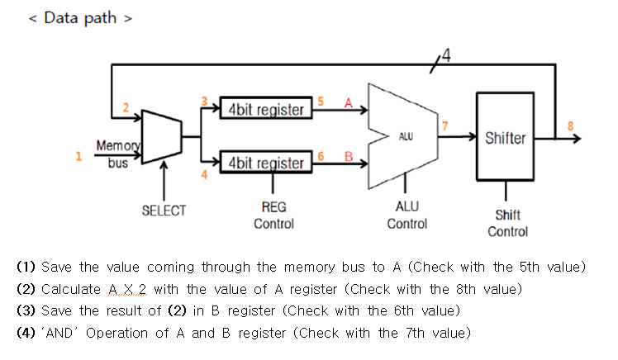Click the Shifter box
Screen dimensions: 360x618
coord(505,137)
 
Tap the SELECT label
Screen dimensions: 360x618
coord(164,211)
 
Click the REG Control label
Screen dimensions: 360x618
coord(273,216)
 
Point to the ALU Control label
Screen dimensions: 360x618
coord(406,216)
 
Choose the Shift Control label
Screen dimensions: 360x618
coord(507,223)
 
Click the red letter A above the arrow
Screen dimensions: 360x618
coord(348,103)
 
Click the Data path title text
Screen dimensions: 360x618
coord(80,18)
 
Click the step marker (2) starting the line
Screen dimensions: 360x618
coord(26,289)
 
